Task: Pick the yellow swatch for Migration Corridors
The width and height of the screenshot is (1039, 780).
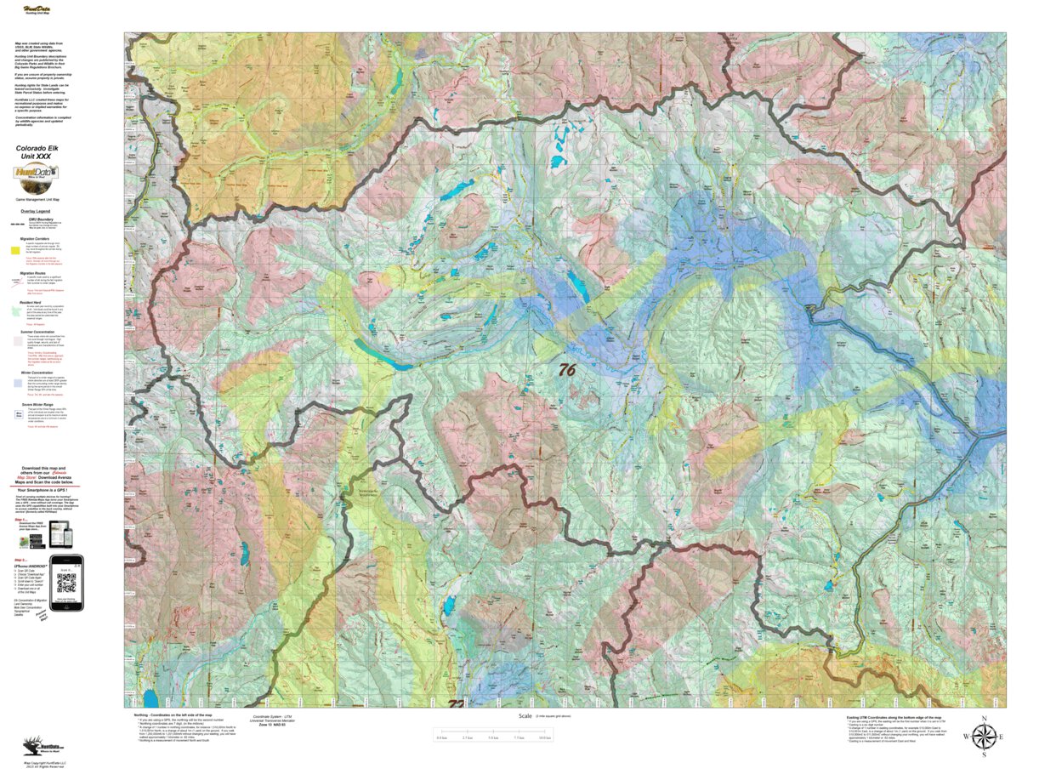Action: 16,251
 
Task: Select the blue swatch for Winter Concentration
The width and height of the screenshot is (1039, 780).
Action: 16,383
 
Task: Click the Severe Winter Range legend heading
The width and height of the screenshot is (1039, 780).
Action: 42,405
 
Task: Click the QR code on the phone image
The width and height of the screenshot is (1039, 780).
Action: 65,582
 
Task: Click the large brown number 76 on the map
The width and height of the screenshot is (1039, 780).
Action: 567,369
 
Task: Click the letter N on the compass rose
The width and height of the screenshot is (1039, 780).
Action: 984,720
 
